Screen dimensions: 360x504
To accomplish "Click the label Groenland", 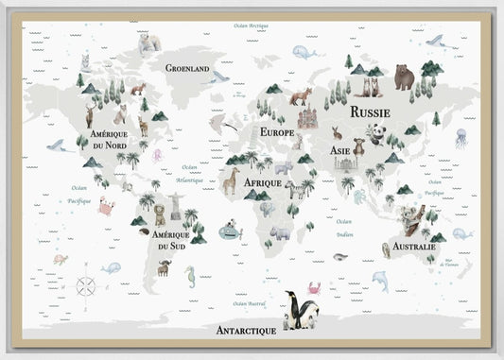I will (x=187, y=68).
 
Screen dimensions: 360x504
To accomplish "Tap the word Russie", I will (x=370, y=111).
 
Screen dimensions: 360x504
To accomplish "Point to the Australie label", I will (x=412, y=248).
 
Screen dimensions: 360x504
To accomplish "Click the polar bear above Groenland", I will (x=149, y=43).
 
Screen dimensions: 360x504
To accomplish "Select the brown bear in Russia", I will (x=404, y=77).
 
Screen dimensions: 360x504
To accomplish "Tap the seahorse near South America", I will (x=191, y=278).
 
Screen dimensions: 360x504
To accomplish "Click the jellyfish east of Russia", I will (x=461, y=137).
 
